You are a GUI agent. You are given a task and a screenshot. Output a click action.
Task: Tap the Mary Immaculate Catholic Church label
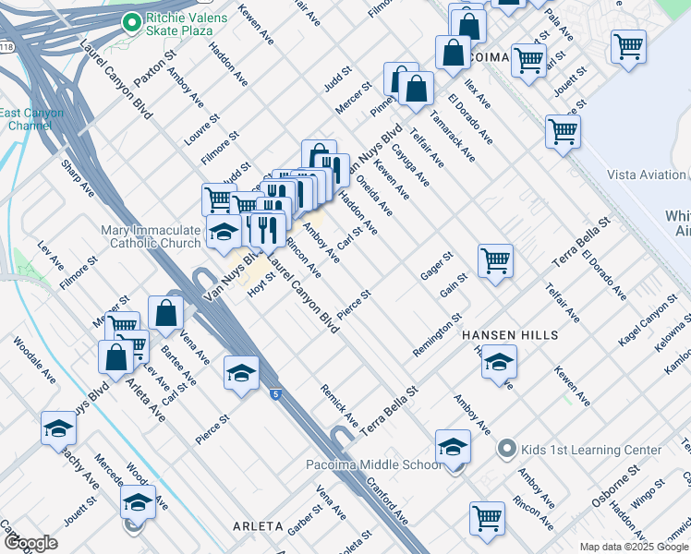click(151, 236)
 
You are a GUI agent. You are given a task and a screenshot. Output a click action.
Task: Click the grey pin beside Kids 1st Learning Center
click(505, 450)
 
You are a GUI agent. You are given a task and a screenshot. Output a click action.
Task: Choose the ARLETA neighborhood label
click(257, 525)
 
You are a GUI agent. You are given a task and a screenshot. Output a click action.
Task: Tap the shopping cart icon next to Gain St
click(495, 261)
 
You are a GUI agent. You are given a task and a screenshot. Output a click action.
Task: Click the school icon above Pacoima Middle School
click(453, 446)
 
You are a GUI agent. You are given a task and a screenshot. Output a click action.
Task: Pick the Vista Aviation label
click(647, 175)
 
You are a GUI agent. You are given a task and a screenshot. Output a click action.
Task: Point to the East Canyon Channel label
click(31, 119)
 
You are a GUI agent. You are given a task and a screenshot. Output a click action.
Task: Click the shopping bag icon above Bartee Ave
click(165, 313)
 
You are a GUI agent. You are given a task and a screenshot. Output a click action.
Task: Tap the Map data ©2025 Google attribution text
click(634, 547)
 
